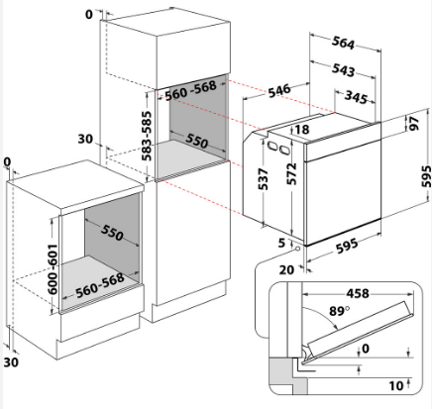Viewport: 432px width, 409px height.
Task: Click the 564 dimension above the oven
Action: point(343,43)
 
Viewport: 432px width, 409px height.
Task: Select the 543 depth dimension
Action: point(343,70)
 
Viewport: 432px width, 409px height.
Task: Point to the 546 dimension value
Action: point(279,90)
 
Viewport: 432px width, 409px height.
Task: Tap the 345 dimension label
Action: point(356,98)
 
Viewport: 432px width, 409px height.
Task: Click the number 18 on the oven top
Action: point(301,129)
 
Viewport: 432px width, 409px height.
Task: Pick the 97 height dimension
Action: point(414,123)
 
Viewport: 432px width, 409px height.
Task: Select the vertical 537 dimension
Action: point(264,179)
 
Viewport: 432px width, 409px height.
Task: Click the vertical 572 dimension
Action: point(291,174)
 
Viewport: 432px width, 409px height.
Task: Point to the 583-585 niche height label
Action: point(147,136)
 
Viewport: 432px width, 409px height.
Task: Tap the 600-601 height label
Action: point(53,269)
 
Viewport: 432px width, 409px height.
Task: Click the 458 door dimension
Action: point(358,293)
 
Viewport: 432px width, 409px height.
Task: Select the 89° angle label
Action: point(339,311)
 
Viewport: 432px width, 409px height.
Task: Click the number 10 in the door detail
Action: point(396,385)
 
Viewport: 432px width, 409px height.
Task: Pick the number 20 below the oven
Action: point(286,270)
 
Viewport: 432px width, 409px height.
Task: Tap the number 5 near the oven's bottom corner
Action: point(281,243)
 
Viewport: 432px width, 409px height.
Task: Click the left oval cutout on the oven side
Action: point(272,146)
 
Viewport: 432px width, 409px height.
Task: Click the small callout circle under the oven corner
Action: point(297,248)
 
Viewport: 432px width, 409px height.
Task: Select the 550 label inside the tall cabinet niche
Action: point(197,141)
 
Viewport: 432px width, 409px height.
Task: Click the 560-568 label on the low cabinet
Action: point(100,285)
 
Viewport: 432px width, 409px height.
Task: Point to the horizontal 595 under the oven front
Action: point(347,246)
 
